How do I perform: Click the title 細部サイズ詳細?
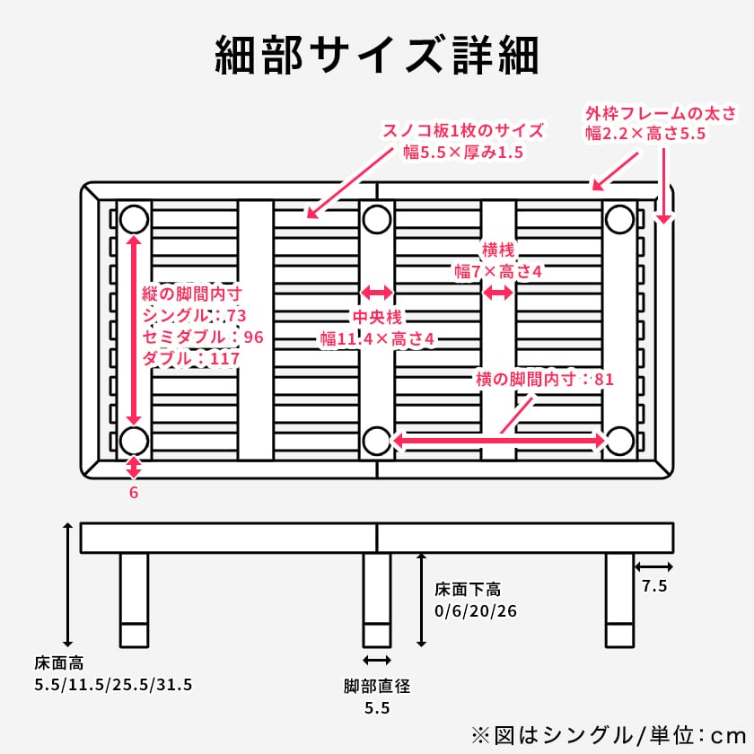(x=377, y=56)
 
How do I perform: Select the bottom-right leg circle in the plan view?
(x=619, y=441)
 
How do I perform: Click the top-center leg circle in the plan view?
(x=377, y=219)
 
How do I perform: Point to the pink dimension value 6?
(x=134, y=492)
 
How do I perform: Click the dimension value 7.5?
(x=654, y=587)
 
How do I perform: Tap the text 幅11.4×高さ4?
(x=377, y=339)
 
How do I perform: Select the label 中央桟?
(x=376, y=317)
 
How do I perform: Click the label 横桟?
(x=498, y=250)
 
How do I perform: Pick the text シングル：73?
(x=194, y=316)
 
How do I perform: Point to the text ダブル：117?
(x=190, y=359)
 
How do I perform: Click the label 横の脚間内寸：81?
(x=545, y=379)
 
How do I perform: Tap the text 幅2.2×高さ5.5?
(x=646, y=134)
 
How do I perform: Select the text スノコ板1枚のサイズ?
(x=463, y=130)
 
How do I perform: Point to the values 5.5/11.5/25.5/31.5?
(x=113, y=685)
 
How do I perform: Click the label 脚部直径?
(x=377, y=687)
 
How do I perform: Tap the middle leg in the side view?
(x=377, y=600)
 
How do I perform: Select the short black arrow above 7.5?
(x=653, y=566)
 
